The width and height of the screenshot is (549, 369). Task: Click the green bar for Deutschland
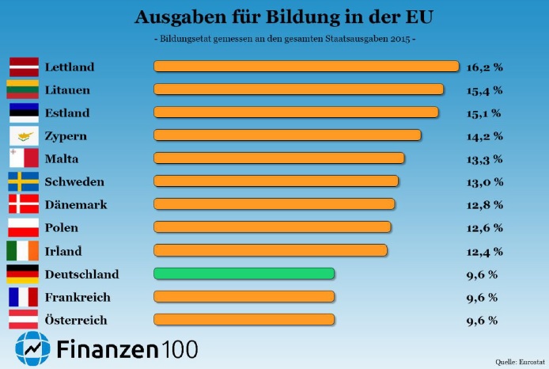[x=244, y=274]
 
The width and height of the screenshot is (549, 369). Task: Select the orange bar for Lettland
[x=306, y=67]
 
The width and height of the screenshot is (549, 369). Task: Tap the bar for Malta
[x=278, y=158]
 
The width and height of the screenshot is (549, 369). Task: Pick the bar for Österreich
[x=244, y=320]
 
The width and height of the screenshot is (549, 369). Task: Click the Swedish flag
[x=23, y=181]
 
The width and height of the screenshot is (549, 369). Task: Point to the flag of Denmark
[x=23, y=204]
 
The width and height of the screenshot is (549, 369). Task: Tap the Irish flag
[x=23, y=251]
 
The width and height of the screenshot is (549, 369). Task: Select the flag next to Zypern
[x=23, y=135]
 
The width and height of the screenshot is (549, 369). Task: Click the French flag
[x=23, y=297]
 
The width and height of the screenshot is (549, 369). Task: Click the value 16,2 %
[x=484, y=67]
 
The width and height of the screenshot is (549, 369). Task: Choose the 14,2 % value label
[x=484, y=136]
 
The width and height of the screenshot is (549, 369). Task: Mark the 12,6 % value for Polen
[x=484, y=229]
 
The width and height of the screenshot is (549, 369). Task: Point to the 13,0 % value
[x=484, y=182]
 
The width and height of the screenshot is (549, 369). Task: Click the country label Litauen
[x=67, y=89]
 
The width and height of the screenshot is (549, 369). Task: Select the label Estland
[x=67, y=112]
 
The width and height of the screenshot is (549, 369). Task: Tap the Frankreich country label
[x=78, y=298]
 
